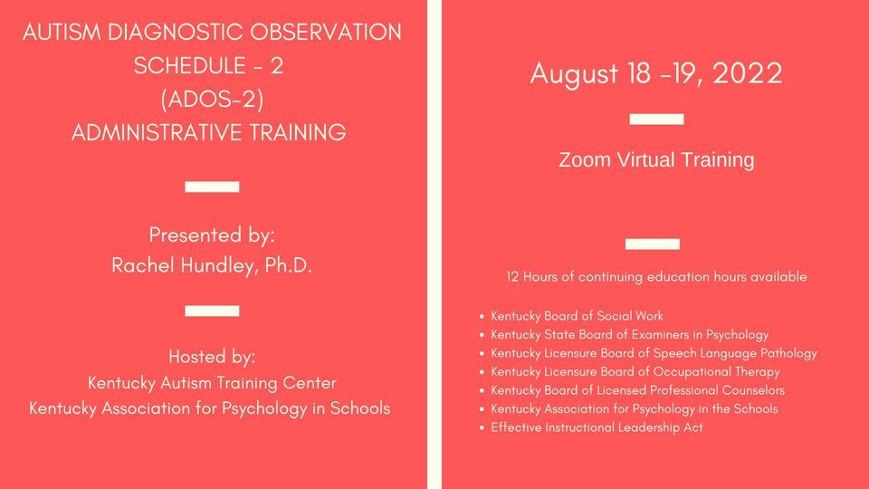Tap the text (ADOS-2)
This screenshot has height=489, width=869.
click(x=211, y=99)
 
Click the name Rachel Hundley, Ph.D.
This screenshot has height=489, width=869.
click(x=212, y=265)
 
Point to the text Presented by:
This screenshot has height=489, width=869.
click(x=212, y=235)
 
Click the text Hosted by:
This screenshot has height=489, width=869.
click(x=212, y=355)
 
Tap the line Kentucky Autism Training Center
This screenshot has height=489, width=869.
click(x=212, y=383)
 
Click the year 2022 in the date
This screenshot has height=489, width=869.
click(x=747, y=74)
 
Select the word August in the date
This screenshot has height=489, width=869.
click(x=573, y=74)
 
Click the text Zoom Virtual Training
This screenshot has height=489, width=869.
click(x=656, y=160)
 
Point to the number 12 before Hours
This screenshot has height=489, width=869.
click(x=513, y=277)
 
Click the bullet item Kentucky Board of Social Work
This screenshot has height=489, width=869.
click(x=577, y=316)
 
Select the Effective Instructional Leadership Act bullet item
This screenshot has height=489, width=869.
click(x=597, y=427)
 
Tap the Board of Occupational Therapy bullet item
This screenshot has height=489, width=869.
click(x=635, y=371)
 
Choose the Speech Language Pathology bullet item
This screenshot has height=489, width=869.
click(x=654, y=353)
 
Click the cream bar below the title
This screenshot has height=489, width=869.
click(x=212, y=187)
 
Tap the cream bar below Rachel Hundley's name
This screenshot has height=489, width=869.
click(x=212, y=311)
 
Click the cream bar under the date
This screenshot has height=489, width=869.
click(x=656, y=119)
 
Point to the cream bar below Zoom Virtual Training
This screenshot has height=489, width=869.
click(x=652, y=243)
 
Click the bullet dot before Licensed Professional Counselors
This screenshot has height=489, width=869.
click(x=481, y=390)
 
